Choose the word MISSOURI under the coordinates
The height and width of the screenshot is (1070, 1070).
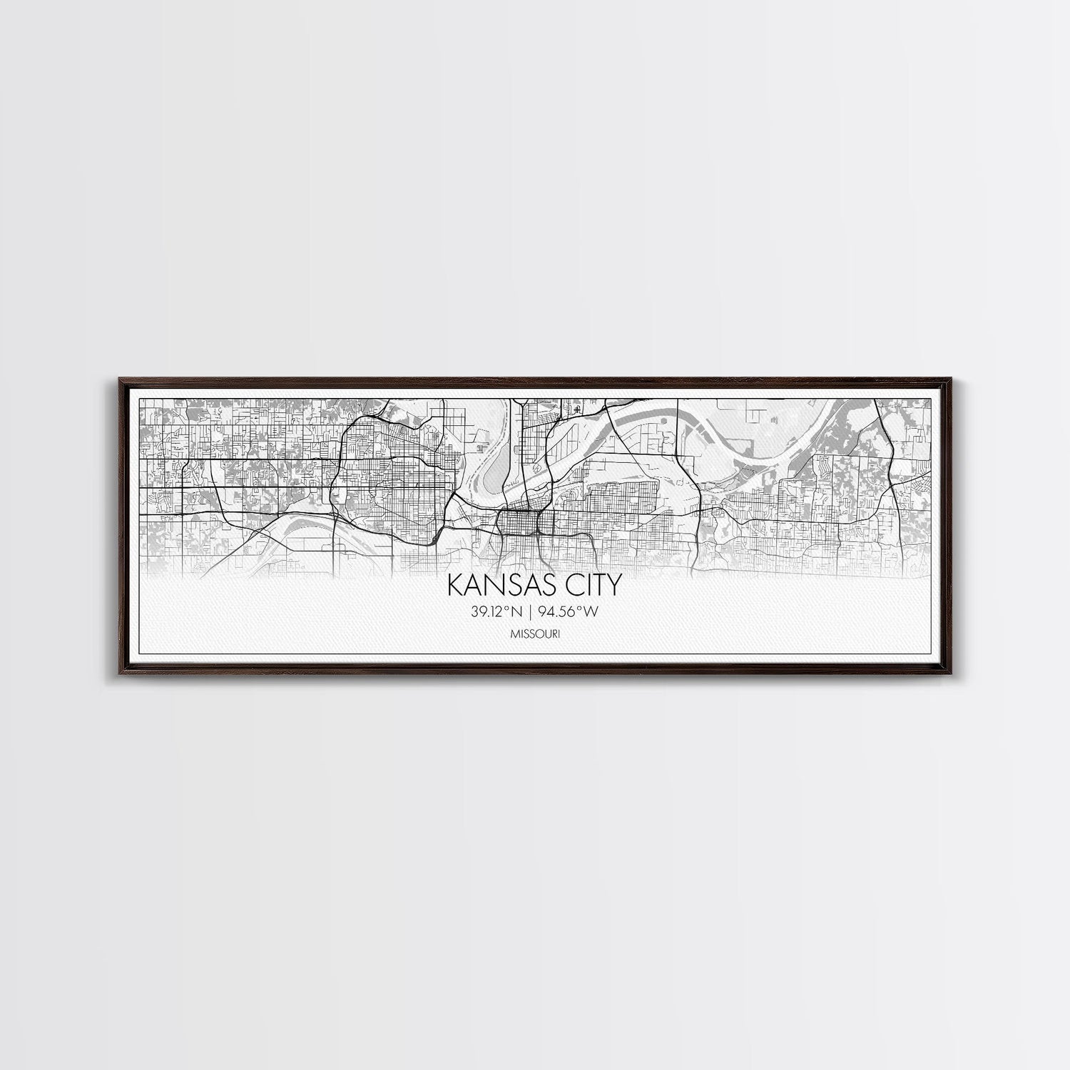click(x=534, y=633)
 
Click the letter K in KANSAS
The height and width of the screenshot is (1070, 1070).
click(x=454, y=584)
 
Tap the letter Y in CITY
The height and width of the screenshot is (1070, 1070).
click(x=613, y=584)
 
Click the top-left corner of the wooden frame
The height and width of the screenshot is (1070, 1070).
click(x=110, y=376)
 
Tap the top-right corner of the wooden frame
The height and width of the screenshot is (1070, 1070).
click(x=960, y=376)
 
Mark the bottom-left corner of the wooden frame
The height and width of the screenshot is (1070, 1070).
click(x=110, y=673)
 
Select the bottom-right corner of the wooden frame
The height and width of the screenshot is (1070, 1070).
click(x=960, y=673)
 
